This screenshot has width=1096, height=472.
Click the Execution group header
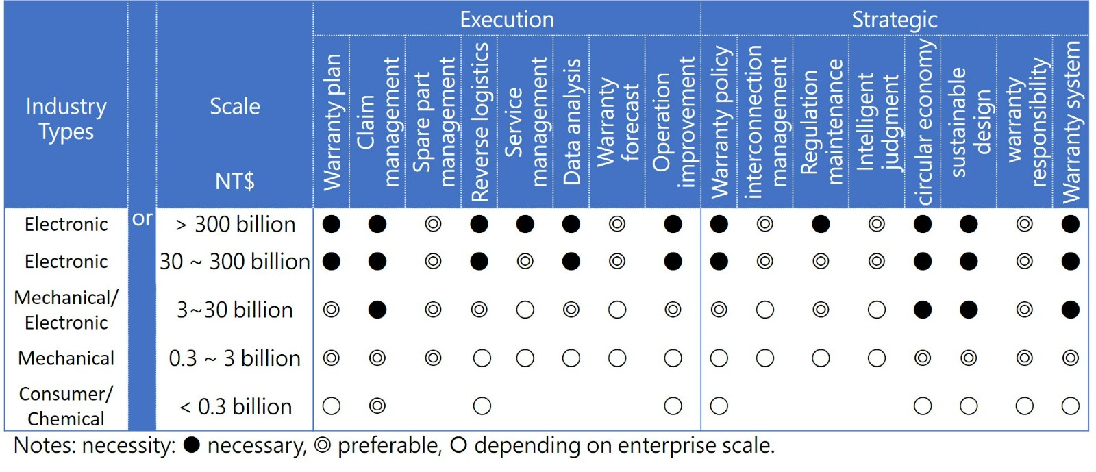[507, 19]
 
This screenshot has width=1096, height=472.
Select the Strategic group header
[894, 19]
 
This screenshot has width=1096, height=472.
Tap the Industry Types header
[66, 119]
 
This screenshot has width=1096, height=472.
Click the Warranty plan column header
[332, 122]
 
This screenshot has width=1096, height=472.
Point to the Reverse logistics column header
[480, 122]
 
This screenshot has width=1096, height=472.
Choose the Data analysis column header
[571, 122]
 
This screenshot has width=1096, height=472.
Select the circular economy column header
[923, 122]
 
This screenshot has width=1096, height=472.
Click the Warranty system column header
[1071, 122]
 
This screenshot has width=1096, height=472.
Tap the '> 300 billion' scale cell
[235, 224]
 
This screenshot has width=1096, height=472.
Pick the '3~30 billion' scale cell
[235, 310]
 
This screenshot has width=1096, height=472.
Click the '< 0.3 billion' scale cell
[235, 406]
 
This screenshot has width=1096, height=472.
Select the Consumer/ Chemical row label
[66, 406]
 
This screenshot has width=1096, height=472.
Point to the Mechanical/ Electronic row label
[66, 310]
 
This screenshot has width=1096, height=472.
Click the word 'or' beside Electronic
[142, 219]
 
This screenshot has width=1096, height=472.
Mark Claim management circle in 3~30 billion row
[377, 310]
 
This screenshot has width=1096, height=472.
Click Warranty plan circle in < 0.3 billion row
[332, 406]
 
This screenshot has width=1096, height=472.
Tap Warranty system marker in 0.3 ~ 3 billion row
[1071, 358]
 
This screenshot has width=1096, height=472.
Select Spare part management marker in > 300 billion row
[433, 224]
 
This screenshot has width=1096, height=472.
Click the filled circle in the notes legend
[192, 445]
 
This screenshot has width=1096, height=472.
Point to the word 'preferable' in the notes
[389, 446]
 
